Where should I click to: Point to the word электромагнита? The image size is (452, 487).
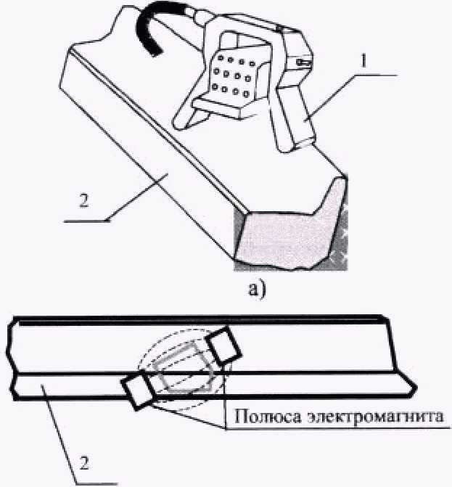pos(369,417)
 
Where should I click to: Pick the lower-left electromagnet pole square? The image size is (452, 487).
pos(138,393)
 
